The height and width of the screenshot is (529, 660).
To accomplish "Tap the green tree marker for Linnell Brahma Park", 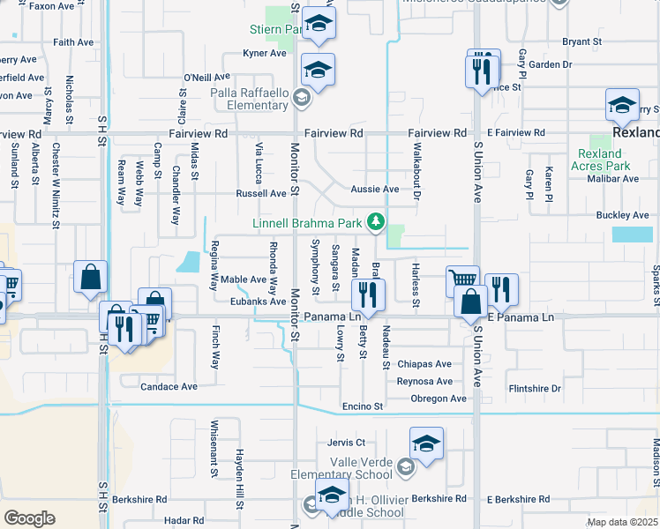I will tap(377, 220).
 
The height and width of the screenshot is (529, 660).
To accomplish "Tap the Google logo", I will tap(29, 518).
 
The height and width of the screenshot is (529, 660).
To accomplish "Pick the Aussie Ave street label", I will tap(375, 190).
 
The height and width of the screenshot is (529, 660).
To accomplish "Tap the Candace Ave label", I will tap(169, 386).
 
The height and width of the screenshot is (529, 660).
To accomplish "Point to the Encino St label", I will tap(364, 406).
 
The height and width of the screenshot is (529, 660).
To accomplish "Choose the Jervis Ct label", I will tap(346, 443).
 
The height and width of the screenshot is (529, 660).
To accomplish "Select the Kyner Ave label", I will tap(265, 53).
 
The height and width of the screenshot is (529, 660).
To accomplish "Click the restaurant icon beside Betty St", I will tap(368, 295).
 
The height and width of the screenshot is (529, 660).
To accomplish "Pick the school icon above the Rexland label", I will tap(622, 106).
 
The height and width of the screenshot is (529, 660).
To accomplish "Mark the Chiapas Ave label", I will tap(424, 364).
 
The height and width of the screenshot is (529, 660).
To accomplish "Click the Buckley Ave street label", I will tap(622, 215).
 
